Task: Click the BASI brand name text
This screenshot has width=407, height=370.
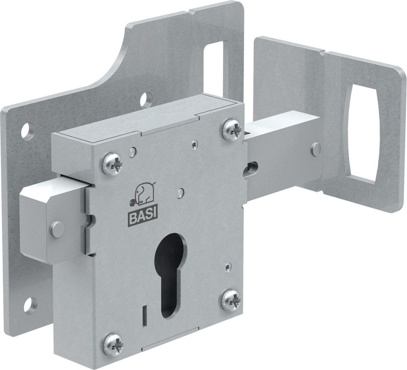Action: coord(143,218)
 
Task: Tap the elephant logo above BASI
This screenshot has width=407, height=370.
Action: coord(142,195)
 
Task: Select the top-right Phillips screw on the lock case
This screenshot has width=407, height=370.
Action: coord(233,129)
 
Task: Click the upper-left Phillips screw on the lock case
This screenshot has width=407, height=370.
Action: coord(113,164)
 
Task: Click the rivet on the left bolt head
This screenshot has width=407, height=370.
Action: coord(57,229)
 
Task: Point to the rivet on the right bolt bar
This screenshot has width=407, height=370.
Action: coord(316,149)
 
